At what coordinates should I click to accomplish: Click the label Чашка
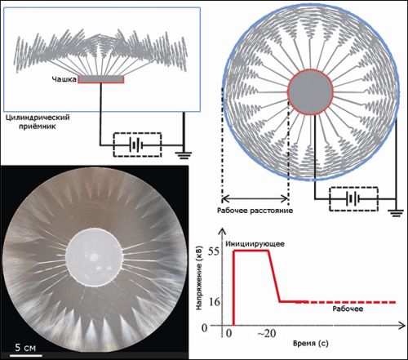click(x=64, y=79)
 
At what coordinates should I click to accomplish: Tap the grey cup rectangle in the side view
click(x=101, y=79)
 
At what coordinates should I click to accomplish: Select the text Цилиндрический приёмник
click(x=38, y=122)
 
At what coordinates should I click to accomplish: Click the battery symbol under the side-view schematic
click(x=137, y=144)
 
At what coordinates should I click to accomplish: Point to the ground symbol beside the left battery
click(x=184, y=155)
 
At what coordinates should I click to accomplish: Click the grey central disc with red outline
click(x=310, y=91)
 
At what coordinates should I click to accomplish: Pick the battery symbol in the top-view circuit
click(x=353, y=199)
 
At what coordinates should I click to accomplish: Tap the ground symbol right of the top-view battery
click(x=397, y=212)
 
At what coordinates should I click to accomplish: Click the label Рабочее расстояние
click(x=255, y=211)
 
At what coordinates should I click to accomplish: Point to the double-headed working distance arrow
click(x=255, y=199)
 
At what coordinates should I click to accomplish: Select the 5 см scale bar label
click(x=25, y=348)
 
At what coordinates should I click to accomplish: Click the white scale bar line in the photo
click(x=26, y=355)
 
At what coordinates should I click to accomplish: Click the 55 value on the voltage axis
click(x=214, y=251)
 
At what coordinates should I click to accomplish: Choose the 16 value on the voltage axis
click(x=215, y=302)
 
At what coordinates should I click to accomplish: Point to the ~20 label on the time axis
click(x=267, y=333)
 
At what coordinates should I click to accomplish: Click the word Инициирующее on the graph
click(x=255, y=244)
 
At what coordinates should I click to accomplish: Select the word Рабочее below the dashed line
click(x=348, y=309)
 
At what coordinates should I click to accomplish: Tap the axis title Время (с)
click(x=311, y=344)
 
